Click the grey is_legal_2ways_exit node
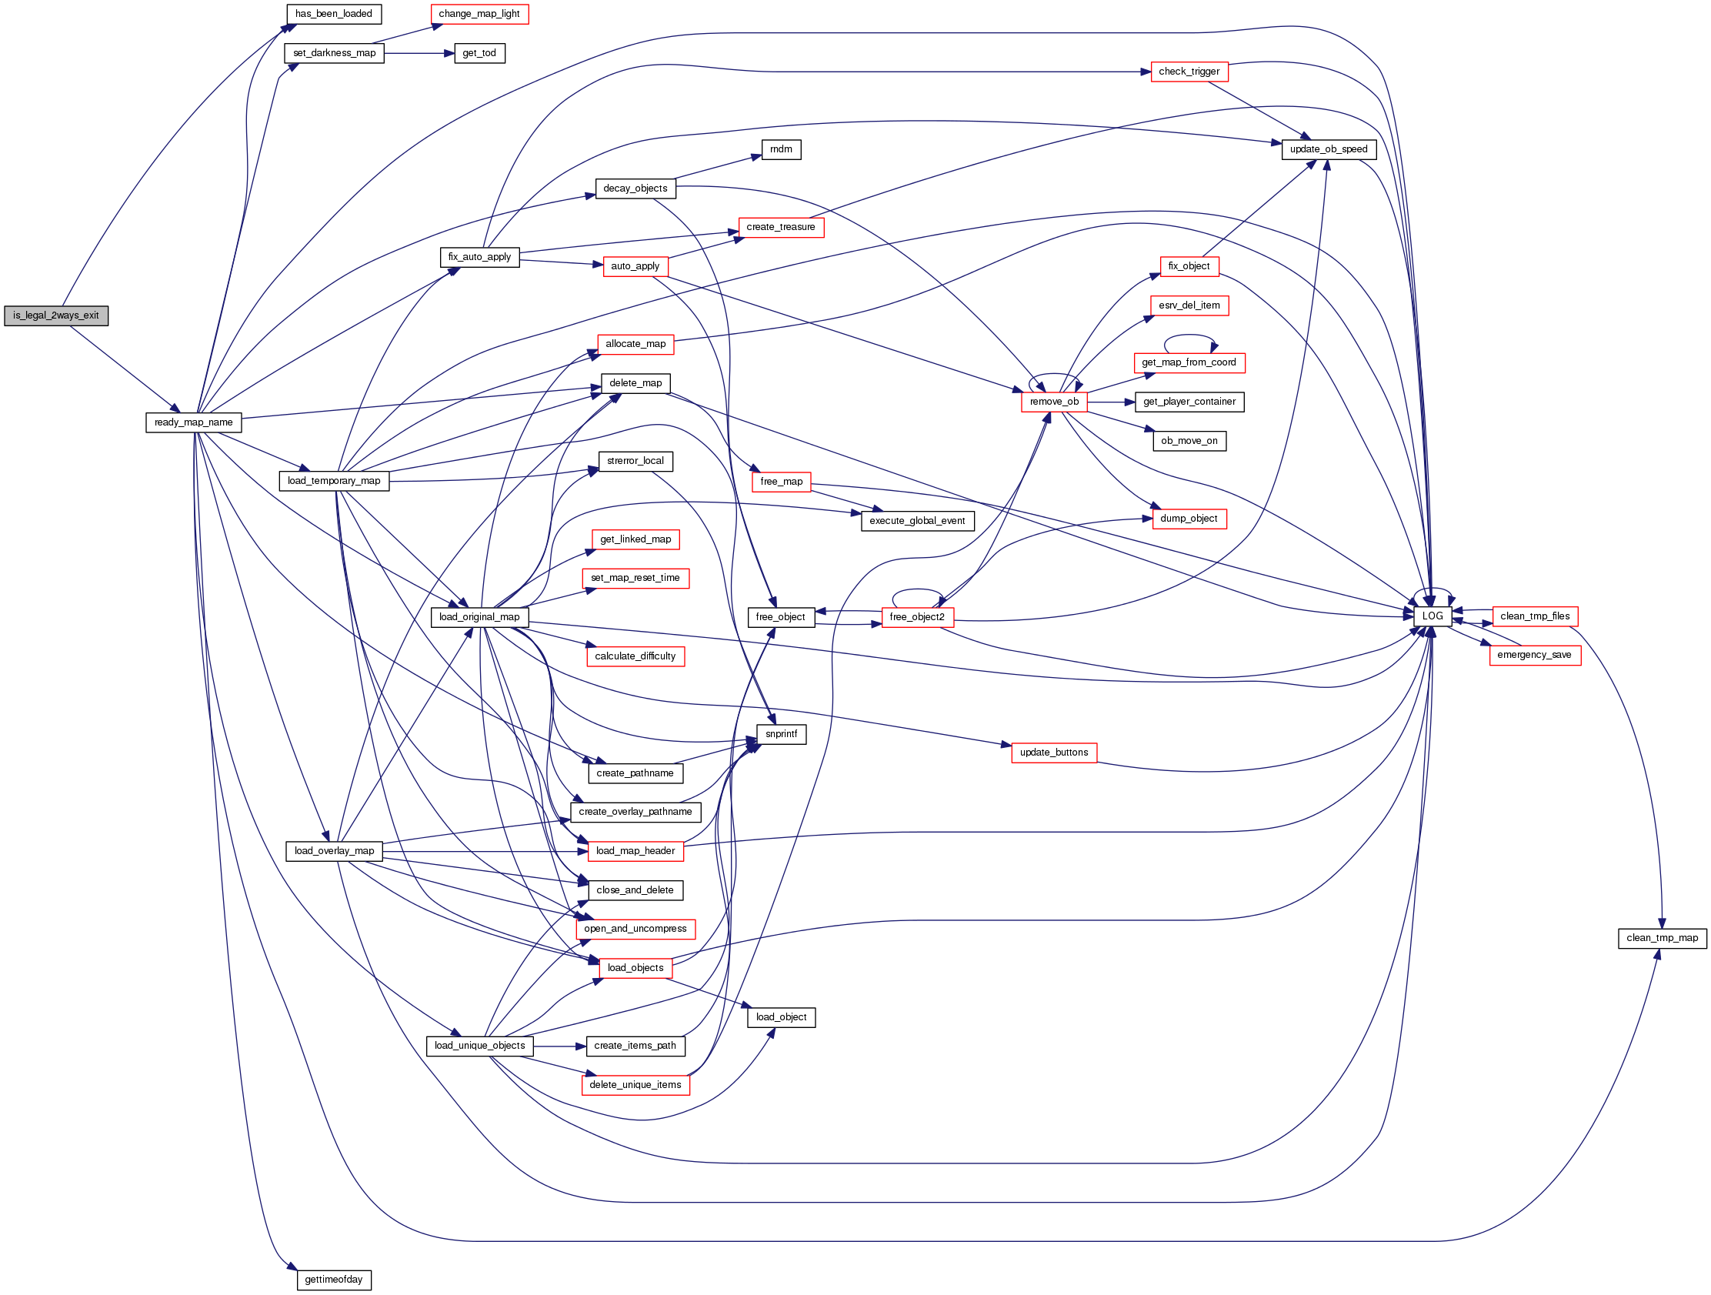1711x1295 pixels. (x=55, y=315)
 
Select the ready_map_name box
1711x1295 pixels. (x=193, y=422)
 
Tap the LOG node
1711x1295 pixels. (x=1432, y=616)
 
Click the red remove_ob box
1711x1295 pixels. (x=1053, y=402)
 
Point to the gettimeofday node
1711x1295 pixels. (x=333, y=1280)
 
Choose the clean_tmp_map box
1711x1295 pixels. (x=1662, y=939)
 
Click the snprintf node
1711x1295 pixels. (x=780, y=734)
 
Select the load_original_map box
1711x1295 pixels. (x=479, y=617)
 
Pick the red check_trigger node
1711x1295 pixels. (x=1189, y=72)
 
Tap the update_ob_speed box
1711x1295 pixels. (x=1328, y=149)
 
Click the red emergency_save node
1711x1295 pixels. (x=1534, y=656)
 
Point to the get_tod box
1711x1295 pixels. (x=479, y=53)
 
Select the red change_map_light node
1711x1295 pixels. (x=479, y=14)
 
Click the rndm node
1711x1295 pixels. (x=780, y=149)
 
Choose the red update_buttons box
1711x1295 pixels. (x=1053, y=753)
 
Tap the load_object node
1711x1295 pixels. (x=780, y=1017)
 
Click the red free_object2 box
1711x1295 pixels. (x=916, y=617)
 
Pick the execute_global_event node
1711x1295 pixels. (x=916, y=522)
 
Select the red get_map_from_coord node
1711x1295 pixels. (x=1189, y=363)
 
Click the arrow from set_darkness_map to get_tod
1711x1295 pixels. (x=419, y=53)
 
